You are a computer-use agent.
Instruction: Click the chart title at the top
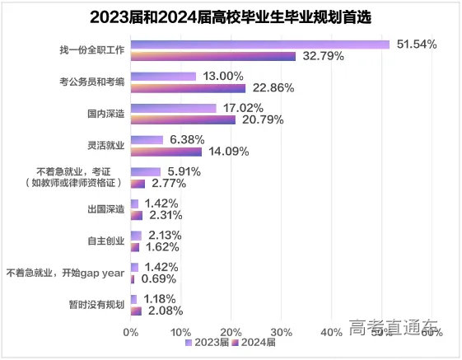click(x=231, y=16)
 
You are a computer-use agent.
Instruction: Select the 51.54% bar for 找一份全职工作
click(x=259, y=44)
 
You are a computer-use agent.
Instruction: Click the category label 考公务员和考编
click(x=91, y=82)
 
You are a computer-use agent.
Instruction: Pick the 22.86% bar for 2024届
click(x=188, y=88)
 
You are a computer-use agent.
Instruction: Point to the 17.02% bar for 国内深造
click(x=173, y=108)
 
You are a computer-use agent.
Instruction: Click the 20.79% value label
click(x=263, y=119)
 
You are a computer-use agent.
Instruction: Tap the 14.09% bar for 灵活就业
click(x=166, y=152)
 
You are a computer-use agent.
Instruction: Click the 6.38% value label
click(x=189, y=139)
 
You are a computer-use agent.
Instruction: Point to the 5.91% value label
click(x=184, y=171)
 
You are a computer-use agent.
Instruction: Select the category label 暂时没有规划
click(x=97, y=304)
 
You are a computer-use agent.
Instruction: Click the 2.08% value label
click(x=163, y=311)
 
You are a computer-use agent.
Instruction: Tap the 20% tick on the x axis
click(x=231, y=332)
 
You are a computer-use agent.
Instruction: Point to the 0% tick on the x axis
click(x=130, y=332)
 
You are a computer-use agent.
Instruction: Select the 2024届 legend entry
click(x=256, y=343)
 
